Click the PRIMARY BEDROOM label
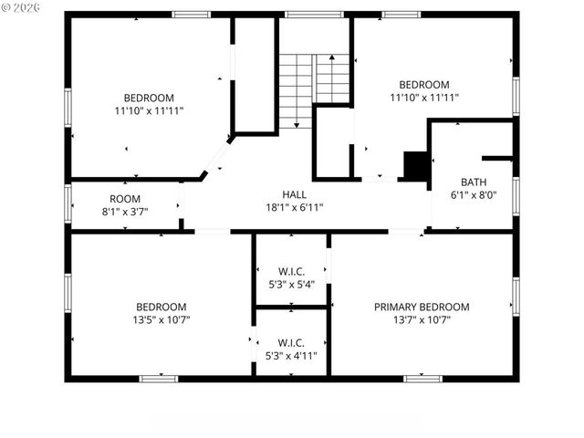tap(422, 307)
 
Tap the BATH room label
tap(474, 182)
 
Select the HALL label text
tap(294, 194)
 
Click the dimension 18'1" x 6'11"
tap(294, 207)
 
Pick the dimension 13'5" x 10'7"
tap(162, 319)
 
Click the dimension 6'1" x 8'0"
tap(474, 194)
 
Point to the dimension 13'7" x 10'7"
tap(422, 319)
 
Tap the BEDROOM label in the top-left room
tap(149, 98)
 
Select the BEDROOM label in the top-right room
tap(423, 85)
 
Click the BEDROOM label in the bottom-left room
tap(162, 307)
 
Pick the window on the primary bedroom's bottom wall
tap(422, 378)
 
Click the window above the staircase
tap(313, 15)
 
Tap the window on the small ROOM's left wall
tap(68, 203)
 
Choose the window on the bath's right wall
tap(516, 194)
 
